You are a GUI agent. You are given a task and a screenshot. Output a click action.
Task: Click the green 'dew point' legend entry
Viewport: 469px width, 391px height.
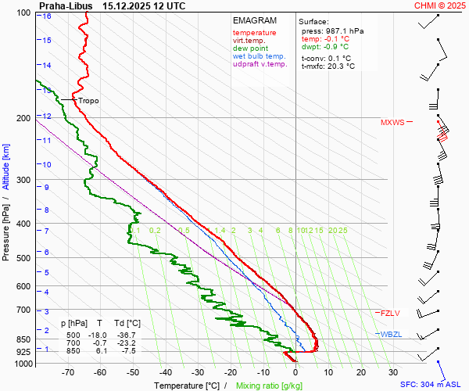point(250,48)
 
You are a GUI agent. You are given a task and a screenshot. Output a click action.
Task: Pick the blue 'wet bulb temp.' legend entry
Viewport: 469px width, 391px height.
point(260,56)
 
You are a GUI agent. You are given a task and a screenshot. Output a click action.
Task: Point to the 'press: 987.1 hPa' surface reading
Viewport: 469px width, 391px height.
point(332,30)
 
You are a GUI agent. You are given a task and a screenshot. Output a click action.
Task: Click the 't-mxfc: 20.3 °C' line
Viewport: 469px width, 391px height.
point(328,66)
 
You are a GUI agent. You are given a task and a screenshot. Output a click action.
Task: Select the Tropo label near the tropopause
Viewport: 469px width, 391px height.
point(88,101)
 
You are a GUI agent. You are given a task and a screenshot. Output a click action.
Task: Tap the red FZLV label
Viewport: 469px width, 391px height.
point(390,314)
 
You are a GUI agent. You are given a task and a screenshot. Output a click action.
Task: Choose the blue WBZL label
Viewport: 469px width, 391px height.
point(390,335)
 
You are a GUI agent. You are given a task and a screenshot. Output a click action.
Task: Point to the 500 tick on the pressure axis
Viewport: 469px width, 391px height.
point(24,258)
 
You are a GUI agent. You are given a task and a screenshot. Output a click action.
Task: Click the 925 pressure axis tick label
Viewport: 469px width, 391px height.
point(24,353)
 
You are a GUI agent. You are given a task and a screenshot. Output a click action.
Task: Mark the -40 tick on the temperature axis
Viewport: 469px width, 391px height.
point(165,372)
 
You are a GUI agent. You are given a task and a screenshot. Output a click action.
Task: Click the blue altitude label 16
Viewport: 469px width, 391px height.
point(48,16)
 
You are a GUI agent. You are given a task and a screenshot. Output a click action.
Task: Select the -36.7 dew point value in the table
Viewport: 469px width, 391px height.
point(128,335)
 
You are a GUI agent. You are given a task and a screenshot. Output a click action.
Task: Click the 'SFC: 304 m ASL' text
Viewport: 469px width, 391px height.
point(432,385)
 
